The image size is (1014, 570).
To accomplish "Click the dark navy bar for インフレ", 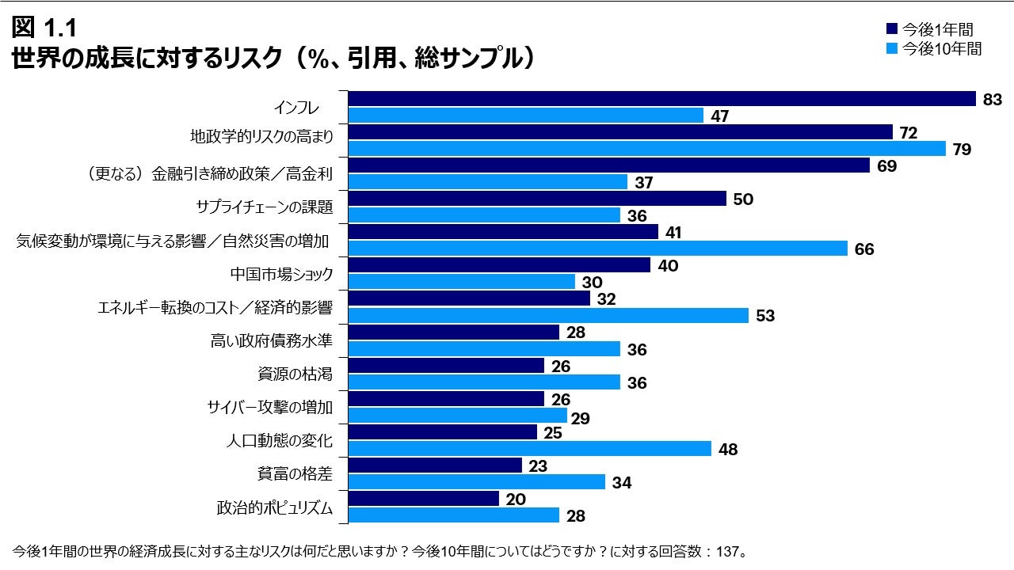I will (661, 98).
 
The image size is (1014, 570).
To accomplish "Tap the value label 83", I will (993, 99).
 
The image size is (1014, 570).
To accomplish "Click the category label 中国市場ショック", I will (281, 274).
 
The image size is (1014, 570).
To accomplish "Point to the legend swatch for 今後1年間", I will (890, 29).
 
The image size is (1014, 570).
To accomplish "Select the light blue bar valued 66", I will (598, 249).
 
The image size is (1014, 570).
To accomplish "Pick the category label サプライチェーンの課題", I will (264, 207).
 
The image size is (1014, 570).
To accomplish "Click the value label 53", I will (764, 316).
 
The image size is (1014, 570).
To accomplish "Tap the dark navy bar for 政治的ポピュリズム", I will (424, 499).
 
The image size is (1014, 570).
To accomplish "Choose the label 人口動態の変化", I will (280, 440).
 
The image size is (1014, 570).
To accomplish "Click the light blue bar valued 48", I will (530, 449).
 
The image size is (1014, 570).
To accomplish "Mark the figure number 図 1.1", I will (44, 28).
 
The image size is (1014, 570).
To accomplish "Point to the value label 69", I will (886, 166).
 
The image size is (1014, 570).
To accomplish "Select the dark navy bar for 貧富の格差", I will (435, 465).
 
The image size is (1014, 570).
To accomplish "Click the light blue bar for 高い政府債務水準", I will (484, 349).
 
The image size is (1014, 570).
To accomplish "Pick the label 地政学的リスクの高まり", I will (261, 136).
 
